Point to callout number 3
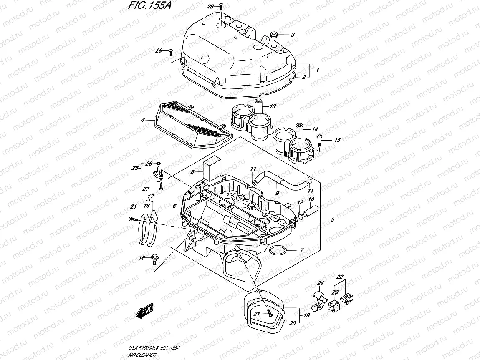tap(293, 35)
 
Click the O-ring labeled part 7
tap(278, 250)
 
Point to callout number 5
tap(333, 220)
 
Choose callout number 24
tap(320, 284)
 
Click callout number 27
tap(146, 189)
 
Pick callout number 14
tap(315, 130)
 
